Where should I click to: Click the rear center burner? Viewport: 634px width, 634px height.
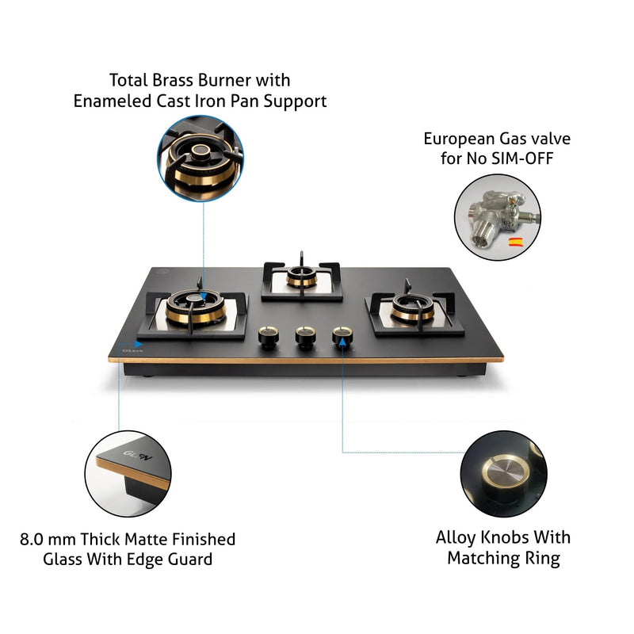point(302,277)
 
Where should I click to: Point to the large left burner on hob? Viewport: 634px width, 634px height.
point(193,310)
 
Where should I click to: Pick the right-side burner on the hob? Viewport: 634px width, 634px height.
point(412,308)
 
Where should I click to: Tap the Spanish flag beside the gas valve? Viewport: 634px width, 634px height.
point(514,241)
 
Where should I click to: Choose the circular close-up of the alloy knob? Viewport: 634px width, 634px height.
point(504,472)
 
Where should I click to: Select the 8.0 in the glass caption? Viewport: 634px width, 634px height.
point(34,540)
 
